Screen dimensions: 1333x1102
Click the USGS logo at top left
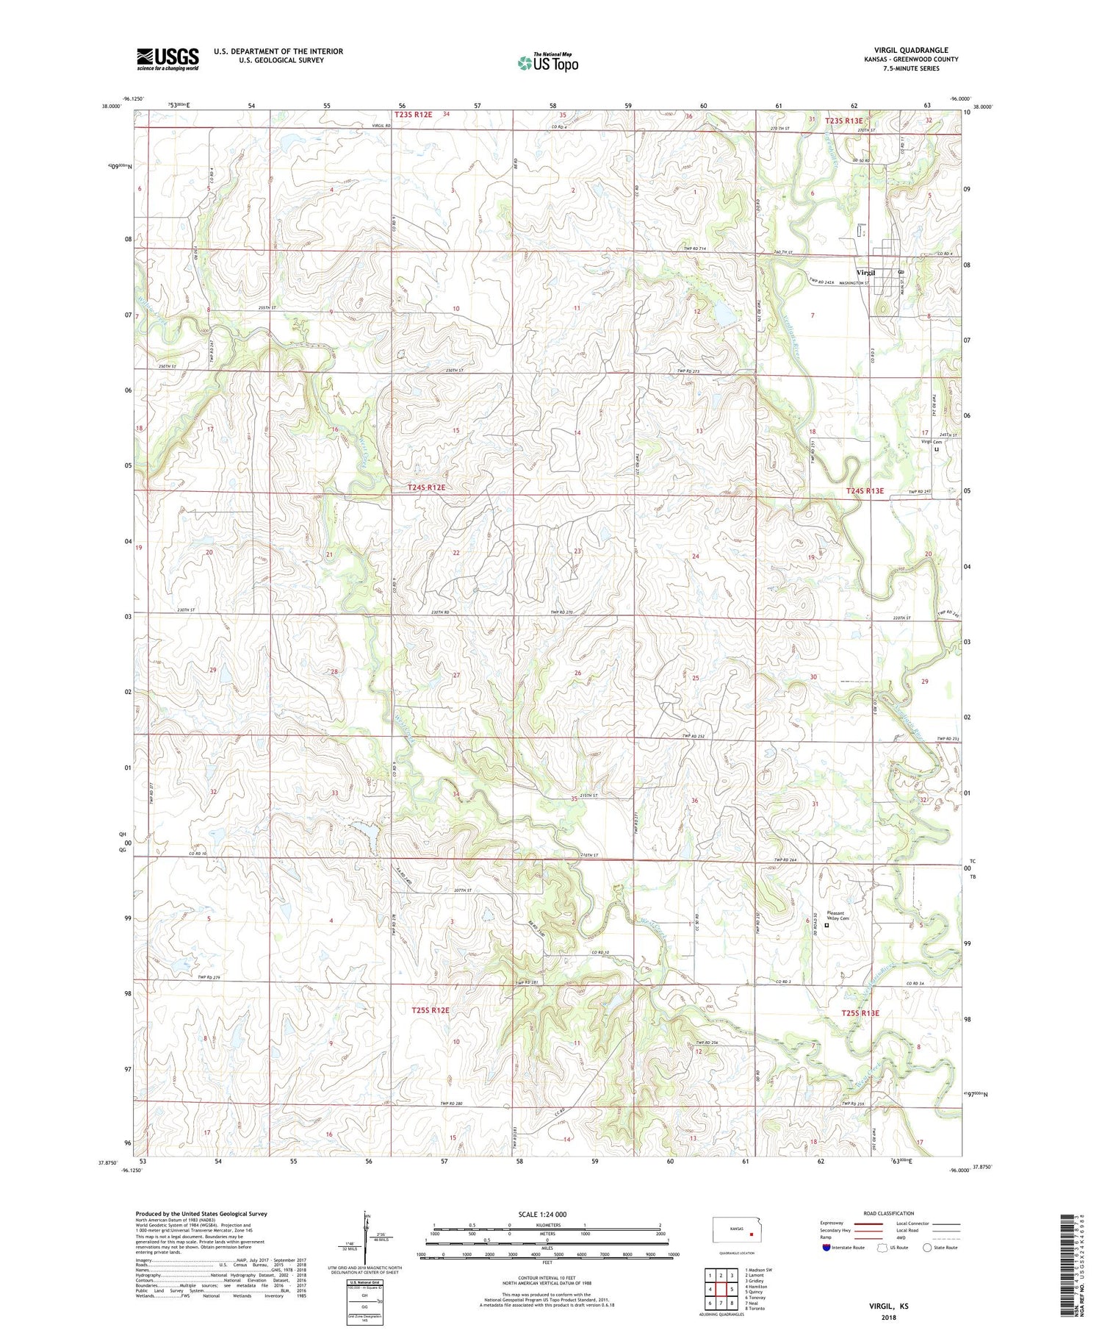168,59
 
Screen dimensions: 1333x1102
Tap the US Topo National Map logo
547,62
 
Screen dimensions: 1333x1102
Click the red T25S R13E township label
870,1013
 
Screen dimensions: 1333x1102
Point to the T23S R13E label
844,121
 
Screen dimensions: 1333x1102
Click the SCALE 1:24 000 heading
547,1214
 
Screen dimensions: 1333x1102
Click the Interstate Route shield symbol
827,1248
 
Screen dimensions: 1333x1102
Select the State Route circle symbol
927,1248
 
